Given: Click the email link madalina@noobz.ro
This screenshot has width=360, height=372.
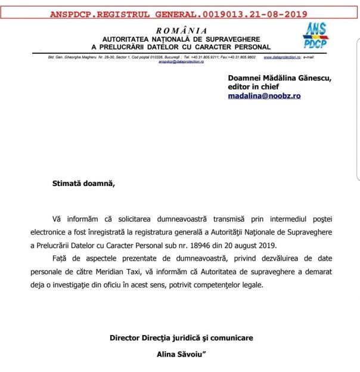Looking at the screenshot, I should tap(264, 95).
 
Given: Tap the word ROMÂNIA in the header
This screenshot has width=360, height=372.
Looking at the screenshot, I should tap(182, 30).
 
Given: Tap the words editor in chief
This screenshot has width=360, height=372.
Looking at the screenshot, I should tap(255, 86).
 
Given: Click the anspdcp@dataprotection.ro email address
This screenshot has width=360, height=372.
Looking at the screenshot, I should tap(181, 61).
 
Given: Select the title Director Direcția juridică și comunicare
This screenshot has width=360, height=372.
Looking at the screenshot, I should tap(181, 337).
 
